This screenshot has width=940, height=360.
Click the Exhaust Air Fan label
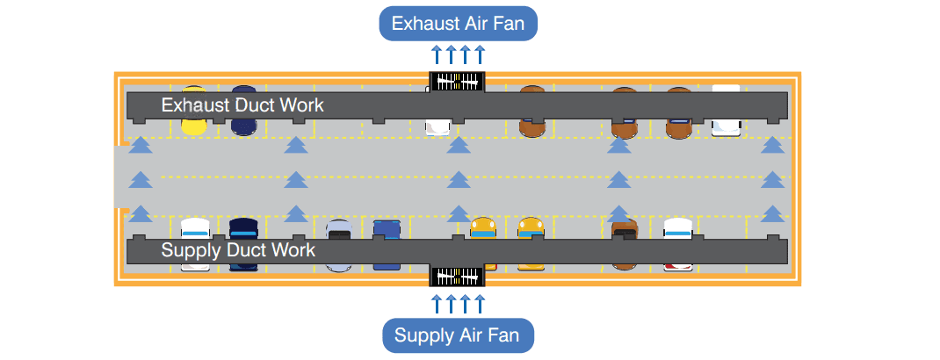click(458, 23)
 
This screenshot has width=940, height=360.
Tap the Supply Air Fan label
click(458, 335)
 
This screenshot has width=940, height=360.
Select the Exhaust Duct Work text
click(242, 105)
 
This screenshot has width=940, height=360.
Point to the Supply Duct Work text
click(238, 250)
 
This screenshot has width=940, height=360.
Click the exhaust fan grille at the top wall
click(457, 80)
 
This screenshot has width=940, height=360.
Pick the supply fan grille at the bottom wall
click(457, 276)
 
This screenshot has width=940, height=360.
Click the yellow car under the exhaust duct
click(193, 122)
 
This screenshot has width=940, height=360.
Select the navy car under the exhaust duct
click(243, 122)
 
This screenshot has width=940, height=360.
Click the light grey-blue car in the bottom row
click(339, 230)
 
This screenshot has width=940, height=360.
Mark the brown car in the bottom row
click(625, 230)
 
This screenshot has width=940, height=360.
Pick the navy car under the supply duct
click(242, 229)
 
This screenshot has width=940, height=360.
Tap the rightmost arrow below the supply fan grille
click(480, 304)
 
